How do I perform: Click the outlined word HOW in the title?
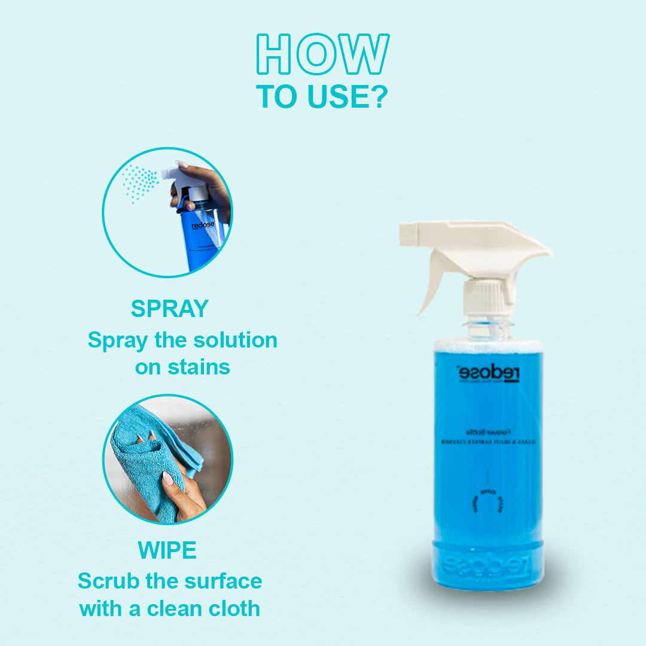tap(323, 56)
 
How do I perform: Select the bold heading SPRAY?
tap(170, 309)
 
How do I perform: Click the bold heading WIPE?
tap(168, 550)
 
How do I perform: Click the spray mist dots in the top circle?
tap(139, 182)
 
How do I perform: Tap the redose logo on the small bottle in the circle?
tap(203, 226)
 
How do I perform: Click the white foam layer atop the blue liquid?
tap(488, 346)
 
